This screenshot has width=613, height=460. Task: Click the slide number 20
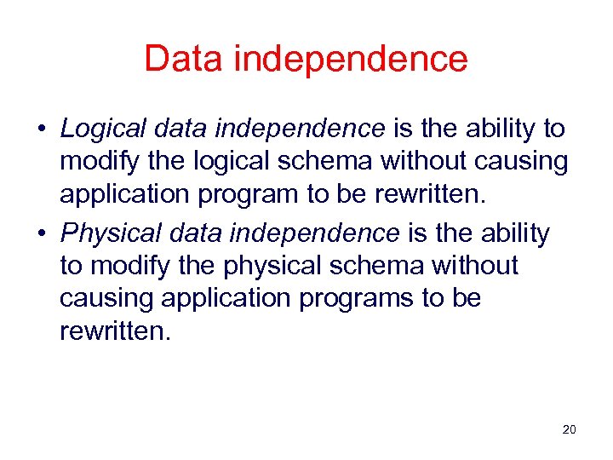coord(570,429)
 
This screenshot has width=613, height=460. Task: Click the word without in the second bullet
coord(473,266)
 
